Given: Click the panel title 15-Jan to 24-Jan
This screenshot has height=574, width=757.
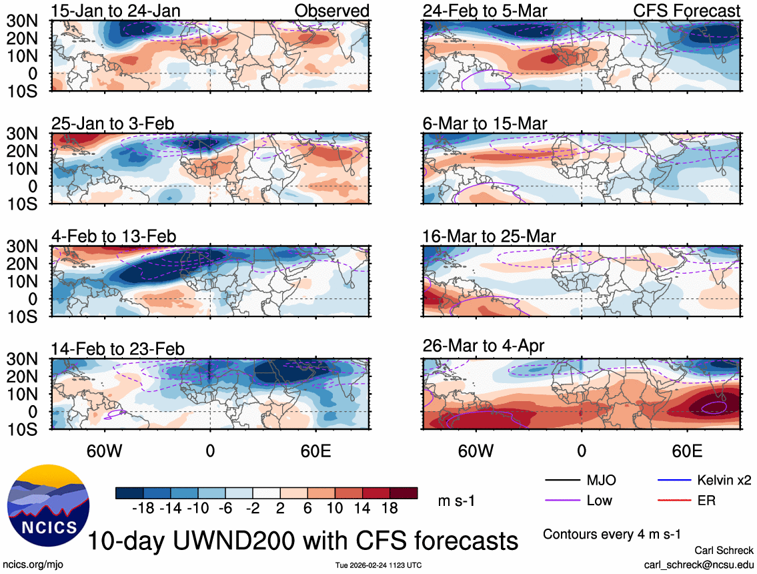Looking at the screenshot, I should [x=114, y=11].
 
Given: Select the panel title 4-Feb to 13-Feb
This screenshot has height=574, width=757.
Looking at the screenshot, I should [x=114, y=236].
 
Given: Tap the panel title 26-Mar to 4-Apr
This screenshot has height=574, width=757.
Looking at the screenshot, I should [x=484, y=346].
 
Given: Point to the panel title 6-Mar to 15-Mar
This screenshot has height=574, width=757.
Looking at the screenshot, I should [x=485, y=124].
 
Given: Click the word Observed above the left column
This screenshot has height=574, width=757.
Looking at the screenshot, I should [x=332, y=11].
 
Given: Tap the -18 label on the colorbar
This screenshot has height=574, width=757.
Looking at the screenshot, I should [x=143, y=509].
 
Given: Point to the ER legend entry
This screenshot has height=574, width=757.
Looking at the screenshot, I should [x=706, y=500].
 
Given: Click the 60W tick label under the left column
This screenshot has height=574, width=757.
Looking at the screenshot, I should [x=105, y=450].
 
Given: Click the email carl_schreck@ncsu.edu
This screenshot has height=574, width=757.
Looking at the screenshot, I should [x=699, y=564].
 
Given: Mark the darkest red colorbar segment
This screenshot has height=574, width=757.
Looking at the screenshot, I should [x=405, y=493].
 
